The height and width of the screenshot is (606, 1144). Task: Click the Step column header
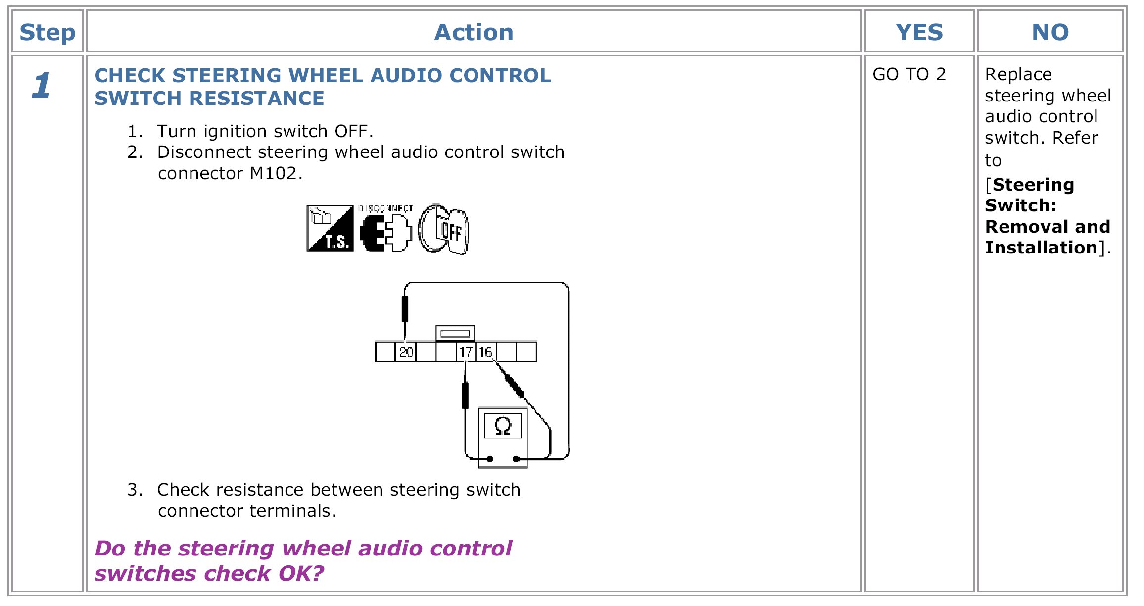pos(48,33)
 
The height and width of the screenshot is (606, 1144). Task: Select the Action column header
pos(474,33)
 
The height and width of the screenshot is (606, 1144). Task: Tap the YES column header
pos(919,33)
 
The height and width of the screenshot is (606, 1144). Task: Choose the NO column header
pos(1050,33)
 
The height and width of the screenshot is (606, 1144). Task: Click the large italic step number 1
pos(42,85)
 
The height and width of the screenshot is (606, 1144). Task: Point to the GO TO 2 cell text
pos(909,74)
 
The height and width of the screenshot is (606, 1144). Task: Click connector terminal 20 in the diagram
pos(406,352)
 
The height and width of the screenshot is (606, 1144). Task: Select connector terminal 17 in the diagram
pos(466,352)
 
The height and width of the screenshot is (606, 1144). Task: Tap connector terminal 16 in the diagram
pos(485,352)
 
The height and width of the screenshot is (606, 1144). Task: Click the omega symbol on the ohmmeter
pos(503,426)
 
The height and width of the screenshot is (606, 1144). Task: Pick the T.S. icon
pos(330,228)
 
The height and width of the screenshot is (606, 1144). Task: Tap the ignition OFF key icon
pos(443,229)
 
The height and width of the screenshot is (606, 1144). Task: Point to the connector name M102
pos(273,174)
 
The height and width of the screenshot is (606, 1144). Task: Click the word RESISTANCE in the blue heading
pos(257,99)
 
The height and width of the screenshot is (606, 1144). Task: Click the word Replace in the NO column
pos(1018,74)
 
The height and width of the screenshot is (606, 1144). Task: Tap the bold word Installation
pos(1041,248)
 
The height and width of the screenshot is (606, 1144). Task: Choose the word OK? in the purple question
pos(301,574)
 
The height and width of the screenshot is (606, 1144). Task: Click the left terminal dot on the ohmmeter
pos(490,459)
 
